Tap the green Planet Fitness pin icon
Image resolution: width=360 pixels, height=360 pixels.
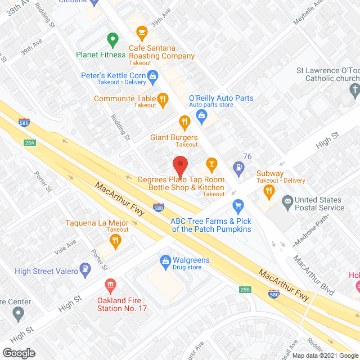[x=112, y=40]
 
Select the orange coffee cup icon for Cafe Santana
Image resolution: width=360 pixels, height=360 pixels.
[x=141, y=31]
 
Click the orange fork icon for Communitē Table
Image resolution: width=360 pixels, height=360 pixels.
[x=163, y=99]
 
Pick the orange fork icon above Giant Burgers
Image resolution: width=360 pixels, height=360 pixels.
[x=184, y=121]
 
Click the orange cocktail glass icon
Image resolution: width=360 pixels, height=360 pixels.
[x=212, y=164]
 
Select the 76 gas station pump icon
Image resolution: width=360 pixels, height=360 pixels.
[x=240, y=167]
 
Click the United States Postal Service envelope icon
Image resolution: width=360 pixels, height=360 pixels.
[x=287, y=200]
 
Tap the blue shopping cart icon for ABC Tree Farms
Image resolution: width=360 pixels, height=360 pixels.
[x=237, y=205]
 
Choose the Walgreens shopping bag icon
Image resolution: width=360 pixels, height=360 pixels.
[x=166, y=260]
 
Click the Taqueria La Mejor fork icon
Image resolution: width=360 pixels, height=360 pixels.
[x=115, y=241]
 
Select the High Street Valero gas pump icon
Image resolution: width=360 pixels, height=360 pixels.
[x=85, y=269]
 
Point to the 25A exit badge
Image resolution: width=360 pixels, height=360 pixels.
[x=30, y=143]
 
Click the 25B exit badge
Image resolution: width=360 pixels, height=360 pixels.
[x=245, y=290]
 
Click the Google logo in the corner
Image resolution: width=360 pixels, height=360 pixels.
[x=18, y=353]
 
